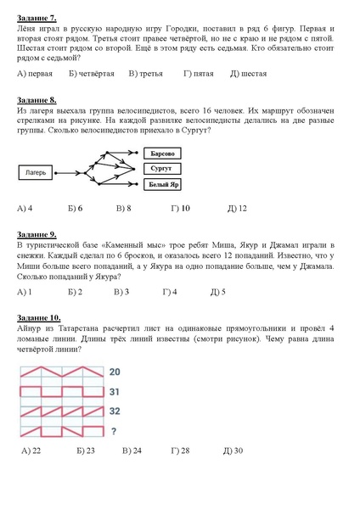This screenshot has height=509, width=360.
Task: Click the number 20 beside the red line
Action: (114, 372)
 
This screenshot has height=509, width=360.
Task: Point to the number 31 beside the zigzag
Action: (114, 391)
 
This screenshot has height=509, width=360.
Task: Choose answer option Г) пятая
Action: (199, 75)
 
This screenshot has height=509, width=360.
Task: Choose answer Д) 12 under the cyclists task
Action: (237, 208)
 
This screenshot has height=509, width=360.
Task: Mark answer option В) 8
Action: (123, 208)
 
